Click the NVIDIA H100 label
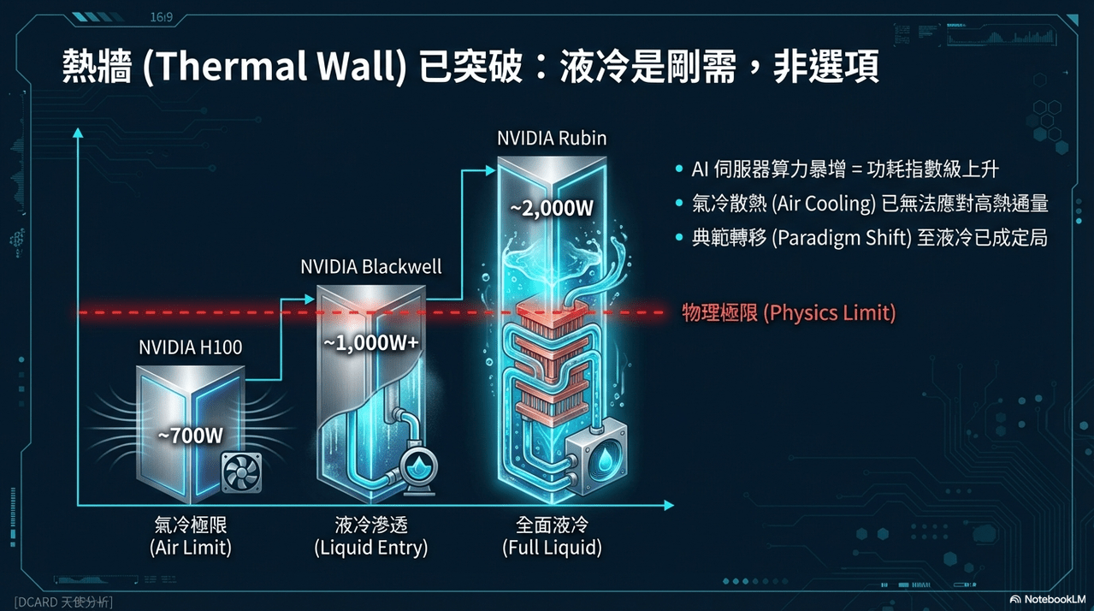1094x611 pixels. (x=191, y=347)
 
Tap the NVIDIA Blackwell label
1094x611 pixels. (x=371, y=267)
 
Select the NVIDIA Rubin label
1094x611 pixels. (x=552, y=139)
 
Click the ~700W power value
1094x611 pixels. (x=191, y=436)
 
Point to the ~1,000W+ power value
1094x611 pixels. (x=371, y=343)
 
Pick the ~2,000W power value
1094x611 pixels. (x=552, y=209)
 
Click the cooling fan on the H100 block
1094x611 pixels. (x=242, y=472)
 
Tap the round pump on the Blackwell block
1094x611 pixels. (x=419, y=469)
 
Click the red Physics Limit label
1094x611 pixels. (x=789, y=313)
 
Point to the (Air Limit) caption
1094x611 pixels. (x=191, y=548)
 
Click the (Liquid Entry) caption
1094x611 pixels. (x=371, y=548)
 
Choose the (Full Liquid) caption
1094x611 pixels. (x=552, y=548)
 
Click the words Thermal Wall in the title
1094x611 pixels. (x=275, y=66)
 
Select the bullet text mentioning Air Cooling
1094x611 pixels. (x=870, y=204)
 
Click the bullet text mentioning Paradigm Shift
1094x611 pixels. (x=869, y=238)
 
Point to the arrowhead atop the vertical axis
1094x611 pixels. (x=78, y=133)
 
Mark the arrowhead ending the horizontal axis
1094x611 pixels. (x=669, y=506)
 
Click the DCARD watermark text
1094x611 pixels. (x=63, y=602)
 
